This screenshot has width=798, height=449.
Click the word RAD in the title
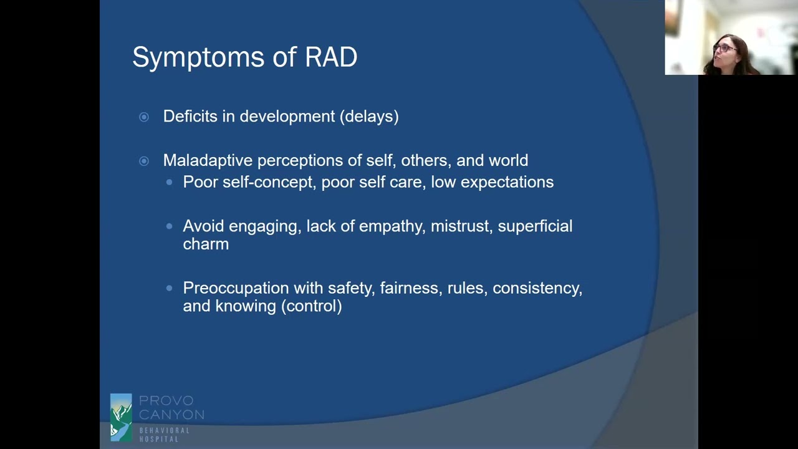tap(331, 57)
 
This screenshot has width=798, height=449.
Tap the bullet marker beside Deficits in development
tap(144, 117)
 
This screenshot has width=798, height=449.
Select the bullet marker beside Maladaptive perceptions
tap(144, 161)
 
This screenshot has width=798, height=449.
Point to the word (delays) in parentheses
tap(369, 117)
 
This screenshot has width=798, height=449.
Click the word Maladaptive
tap(208, 161)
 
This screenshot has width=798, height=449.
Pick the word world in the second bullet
tap(508, 161)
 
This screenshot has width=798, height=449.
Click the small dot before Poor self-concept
tap(170, 182)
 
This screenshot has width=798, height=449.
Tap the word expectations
tap(507, 182)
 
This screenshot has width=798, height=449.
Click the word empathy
tap(390, 226)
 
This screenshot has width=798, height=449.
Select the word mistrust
tap(461, 226)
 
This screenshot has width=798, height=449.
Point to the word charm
tap(206, 244)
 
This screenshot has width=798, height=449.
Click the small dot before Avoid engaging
tap(170, 226)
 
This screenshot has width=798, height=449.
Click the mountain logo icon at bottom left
tap(121, 417)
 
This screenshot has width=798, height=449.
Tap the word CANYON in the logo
tap(171, 415)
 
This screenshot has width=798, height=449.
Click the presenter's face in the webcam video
tap(725, 51)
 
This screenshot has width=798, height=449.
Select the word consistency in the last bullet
tap(537, 288)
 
